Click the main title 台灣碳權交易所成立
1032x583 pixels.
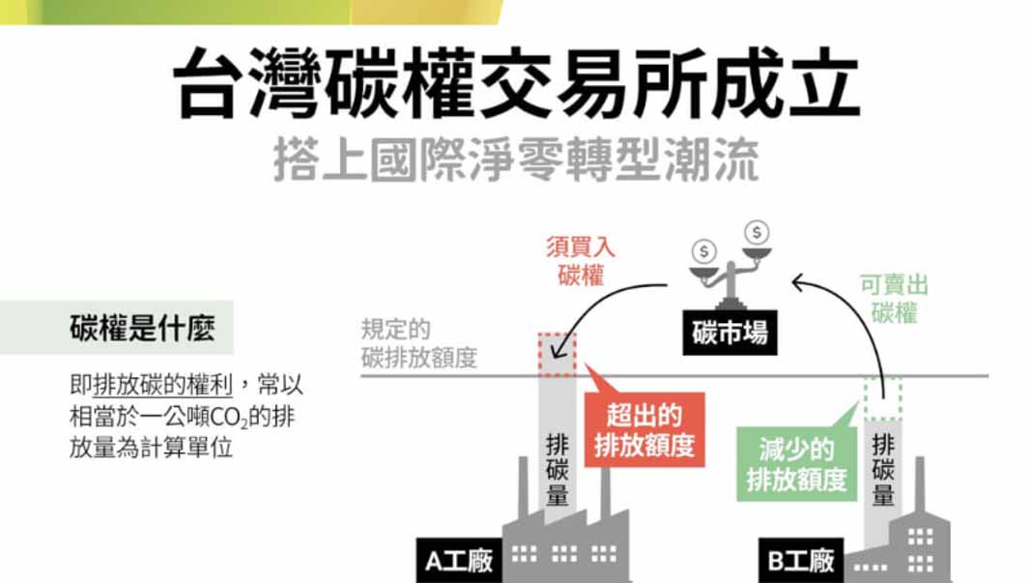(516, 84)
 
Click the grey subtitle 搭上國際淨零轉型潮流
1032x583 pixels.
(515, 160)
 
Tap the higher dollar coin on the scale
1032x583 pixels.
(757, 233)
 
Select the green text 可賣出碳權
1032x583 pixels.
(893, 299)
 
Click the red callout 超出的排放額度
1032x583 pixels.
(644, 431)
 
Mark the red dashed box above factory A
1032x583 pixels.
(558, 355)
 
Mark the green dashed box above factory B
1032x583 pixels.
(882, 397)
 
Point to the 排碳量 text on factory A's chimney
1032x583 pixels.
(558, 470)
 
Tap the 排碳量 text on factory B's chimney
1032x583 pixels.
(883, 470)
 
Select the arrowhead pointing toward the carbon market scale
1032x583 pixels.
(798, 282)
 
